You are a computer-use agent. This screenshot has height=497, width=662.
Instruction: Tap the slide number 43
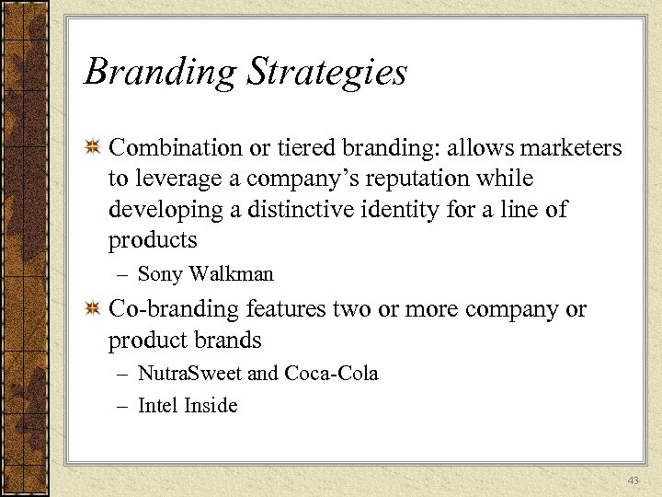[x=632, y=481]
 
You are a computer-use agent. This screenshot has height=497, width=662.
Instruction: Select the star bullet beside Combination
[x=93, y=148]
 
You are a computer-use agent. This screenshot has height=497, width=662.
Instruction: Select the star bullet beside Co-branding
[x=93, y=310]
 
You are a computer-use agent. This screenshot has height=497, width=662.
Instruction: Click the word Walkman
[x=231, y=274]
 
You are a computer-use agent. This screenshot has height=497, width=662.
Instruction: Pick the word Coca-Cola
[x=331, y=374]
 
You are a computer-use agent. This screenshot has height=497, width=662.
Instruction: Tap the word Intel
[x=158, y=406]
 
